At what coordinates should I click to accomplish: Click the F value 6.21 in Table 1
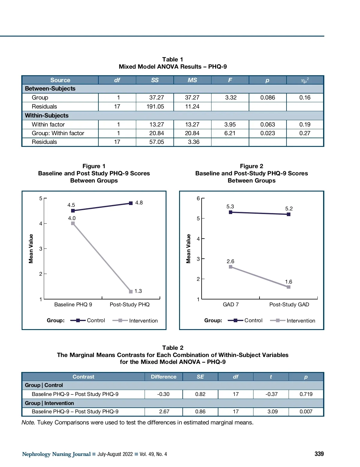click(x=230, y=133)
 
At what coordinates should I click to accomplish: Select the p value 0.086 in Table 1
click(x=268, y=97)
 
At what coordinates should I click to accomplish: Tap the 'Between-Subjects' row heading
click(x=50, y=88)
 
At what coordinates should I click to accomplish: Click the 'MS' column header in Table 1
click(x=192, y=80)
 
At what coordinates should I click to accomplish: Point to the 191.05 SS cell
click(x=155, y=106)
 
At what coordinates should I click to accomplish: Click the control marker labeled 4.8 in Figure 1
click(x=131, y=203)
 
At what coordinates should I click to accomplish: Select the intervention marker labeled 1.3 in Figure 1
click(x=131, y=291)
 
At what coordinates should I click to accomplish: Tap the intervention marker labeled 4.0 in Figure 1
click(x=73, y=223)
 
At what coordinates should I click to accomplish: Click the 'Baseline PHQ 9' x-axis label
click(x=73, y=305)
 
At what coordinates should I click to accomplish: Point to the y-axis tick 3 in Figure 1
click(x=41, y=248)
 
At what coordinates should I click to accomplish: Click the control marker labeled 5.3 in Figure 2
click(x=230, y=212)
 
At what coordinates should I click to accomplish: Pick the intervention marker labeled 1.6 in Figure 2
click(x=289, y=287)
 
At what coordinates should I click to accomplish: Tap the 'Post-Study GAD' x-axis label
click(x=289, y=305)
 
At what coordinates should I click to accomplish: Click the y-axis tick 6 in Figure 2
click(x=198, y=198)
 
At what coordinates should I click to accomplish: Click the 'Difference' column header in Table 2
click(x=163, y=377)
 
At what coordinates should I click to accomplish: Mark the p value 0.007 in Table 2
click(x=306, y=412)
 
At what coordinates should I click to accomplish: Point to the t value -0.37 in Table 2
click(x=271, y=394)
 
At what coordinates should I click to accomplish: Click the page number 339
click(x=319, y=454)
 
